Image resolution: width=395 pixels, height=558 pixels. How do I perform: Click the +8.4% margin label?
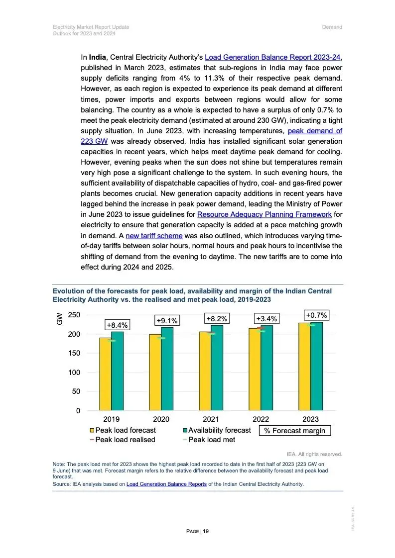click(x=117, y=325)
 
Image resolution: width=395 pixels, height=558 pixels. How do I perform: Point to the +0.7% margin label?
click(x=316, y=315)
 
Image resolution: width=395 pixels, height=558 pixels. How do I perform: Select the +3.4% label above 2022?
click(x=266, y=318)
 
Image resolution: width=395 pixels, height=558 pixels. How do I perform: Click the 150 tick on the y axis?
click(x=74, y=353)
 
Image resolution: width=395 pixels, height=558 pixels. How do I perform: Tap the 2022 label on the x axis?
click(x=261, y=419)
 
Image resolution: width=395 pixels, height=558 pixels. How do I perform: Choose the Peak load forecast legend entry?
click(x=123, y=430)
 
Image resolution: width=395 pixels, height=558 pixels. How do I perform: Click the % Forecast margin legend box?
click(x=295, y=431)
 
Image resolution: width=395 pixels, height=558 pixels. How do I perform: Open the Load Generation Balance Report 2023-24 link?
click(x=273, y=57)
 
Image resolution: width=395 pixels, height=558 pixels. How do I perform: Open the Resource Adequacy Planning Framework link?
click(x=264, y=214)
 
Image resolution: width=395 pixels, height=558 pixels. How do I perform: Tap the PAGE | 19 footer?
click(x=197, y=531)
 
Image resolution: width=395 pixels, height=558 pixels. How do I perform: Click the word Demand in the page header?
click(x=332, y=27)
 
